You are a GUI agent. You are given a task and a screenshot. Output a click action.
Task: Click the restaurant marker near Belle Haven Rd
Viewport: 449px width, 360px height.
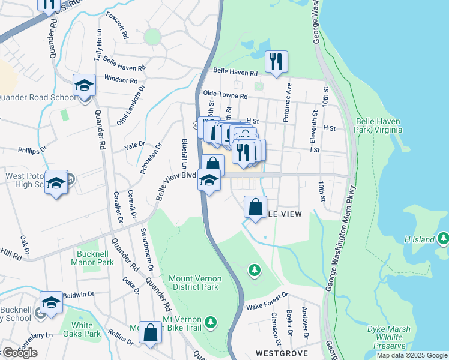(x=276, y=62)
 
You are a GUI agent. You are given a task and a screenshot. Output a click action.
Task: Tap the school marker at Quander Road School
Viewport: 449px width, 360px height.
(x=85, y=86)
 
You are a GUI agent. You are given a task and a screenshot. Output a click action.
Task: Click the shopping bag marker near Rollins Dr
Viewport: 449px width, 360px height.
(x=151, y=332)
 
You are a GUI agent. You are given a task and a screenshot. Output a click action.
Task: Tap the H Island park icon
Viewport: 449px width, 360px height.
(x=444, y=239)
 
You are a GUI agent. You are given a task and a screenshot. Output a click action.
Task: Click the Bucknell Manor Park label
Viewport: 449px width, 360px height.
(x=92, y=258)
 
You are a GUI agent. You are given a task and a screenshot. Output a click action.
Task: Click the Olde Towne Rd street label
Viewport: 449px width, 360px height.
(x=225, y=95)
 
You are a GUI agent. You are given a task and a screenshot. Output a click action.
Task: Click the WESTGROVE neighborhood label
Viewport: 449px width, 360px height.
(x=282, y=353)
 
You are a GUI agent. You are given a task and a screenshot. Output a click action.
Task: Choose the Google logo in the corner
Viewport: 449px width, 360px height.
(x=19, y=353)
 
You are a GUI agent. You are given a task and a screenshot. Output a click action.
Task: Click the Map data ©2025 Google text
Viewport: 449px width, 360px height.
(x=412, y=355)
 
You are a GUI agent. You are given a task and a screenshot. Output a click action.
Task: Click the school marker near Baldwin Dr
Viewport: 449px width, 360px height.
(x=52, y=303)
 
